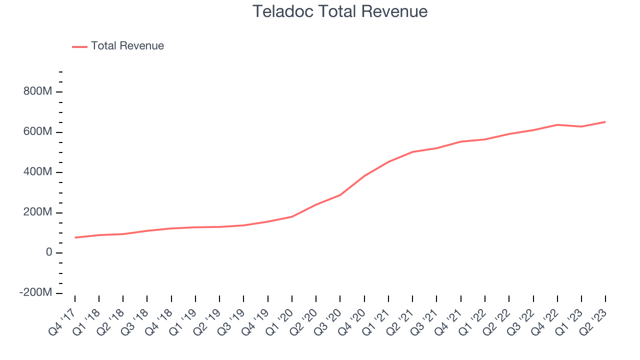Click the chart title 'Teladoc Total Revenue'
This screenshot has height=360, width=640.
pyautogui.click(x=340, y=11)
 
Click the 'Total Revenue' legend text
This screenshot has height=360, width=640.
pyautogui.click(x=127, y=46)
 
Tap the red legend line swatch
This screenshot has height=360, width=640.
pyautogui.click(x=80, y=46)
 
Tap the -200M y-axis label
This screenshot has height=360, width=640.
pyautogui.click(x=35, y=293)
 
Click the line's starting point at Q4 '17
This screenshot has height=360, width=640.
pyautogui.click(x=75, y=237)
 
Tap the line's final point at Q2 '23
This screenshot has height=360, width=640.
pyautogui.click(x=605, y=122)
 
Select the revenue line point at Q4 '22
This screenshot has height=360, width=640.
pyautogui.click(x=557, y=124)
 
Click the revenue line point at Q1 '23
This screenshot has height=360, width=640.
pyautogui.click(x=581, y=126)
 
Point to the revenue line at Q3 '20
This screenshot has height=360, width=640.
pyautogui.click(x=340, y=195)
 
